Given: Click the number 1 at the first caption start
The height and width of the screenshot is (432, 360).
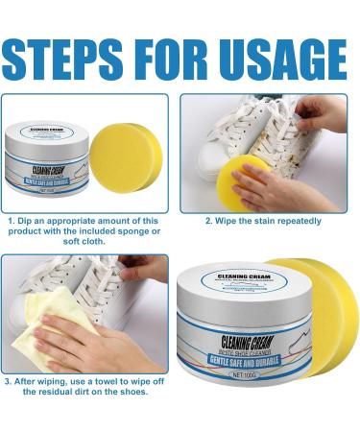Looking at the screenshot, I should (8, 221).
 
